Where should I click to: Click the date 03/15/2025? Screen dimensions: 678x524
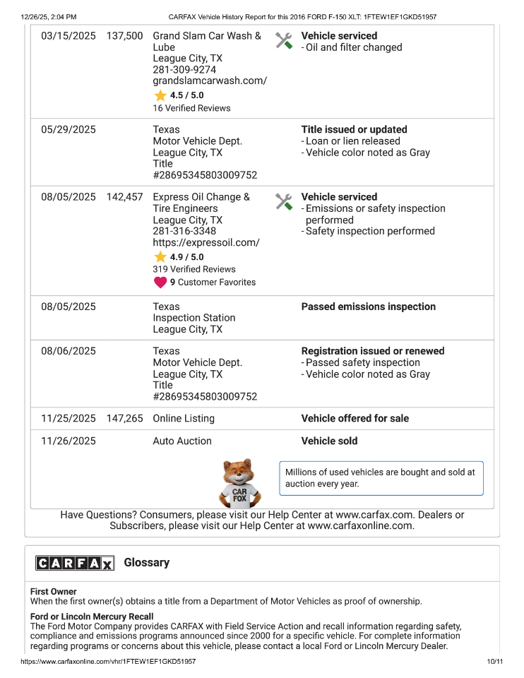click(x=69, y=36)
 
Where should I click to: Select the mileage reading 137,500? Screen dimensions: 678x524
click(x=124, y=36)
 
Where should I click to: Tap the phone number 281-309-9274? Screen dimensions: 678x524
click(x=184, y=70)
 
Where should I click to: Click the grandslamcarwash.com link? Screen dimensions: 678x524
click(x=210, y=81)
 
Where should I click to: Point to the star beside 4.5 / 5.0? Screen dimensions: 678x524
click(x=160, y=95)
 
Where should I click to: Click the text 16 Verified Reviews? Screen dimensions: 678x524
click(x=191, y=108)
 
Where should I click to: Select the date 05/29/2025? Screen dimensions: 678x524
click(x=69, y=130)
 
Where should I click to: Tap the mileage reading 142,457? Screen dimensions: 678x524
click(x=124, y=197)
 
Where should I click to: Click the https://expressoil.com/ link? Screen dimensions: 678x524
click(x=206, y=243)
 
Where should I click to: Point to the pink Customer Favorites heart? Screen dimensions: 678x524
click(x=160, y=282)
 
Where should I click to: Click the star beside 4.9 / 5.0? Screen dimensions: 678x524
click(x=160, y=257)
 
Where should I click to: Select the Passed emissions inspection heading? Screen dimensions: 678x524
click(x=368, y=307)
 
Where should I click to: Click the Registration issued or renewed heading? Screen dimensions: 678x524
click(x=373, y=351)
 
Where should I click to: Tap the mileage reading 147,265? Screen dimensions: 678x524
click(x=124, y=419)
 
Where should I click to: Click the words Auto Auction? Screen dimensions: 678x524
click(x=182, y=441)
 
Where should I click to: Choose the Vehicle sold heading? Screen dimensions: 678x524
click(x=329, y=441)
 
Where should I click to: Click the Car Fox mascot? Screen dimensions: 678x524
click(x=240, y=484)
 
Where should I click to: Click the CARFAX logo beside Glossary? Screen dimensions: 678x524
click(x=75, y=563)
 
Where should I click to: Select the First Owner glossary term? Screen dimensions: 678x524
click(x=54, y=592)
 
